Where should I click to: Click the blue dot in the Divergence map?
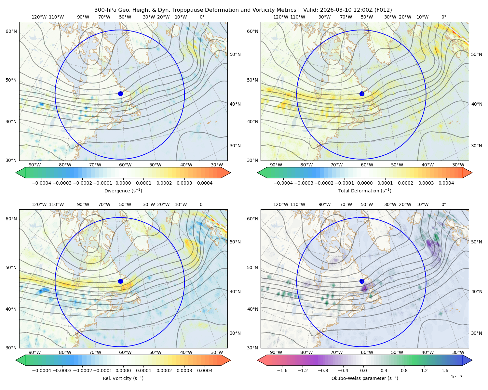coord(120,94)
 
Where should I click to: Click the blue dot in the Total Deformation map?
coord(362,94)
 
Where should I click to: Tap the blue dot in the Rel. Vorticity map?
coord(120,281)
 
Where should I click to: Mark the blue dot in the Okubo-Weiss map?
coord(362,281)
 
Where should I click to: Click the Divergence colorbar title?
coord(123,191)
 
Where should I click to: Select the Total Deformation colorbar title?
coord(365,191)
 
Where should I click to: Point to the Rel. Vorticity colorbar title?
coord(123,378)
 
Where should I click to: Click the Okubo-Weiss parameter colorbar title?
coord(365,378)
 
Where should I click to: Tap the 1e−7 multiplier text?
coord(456,377)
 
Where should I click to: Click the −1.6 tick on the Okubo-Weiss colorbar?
coord(282,370)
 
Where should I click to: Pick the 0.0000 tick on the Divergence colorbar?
coord(123,183)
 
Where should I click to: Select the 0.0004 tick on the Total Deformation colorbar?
coord(446,183)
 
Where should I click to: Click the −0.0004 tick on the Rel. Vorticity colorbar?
coord(42,370)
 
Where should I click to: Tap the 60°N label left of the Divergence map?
coord(11,31)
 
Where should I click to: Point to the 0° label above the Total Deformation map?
coord(444,17)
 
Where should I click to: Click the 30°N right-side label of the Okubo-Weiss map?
coord(477,333)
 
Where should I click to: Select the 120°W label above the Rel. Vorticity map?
coord(39,204)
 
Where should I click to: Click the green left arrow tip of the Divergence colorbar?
coord(16,173)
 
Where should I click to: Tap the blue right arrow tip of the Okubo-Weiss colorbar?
coord(472,360)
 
